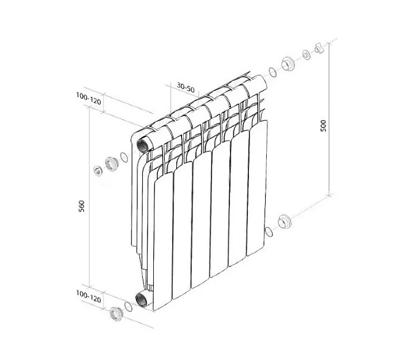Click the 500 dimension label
tap(323, 126)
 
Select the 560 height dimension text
tap(82, 207)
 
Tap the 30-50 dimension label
tap(186, 88)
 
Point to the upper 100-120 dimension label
tap(89, 98)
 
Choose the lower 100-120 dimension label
tap(89, 297)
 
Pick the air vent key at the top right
tap(319, 48)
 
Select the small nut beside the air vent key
tap(306, 55)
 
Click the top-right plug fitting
tap(288, 63)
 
